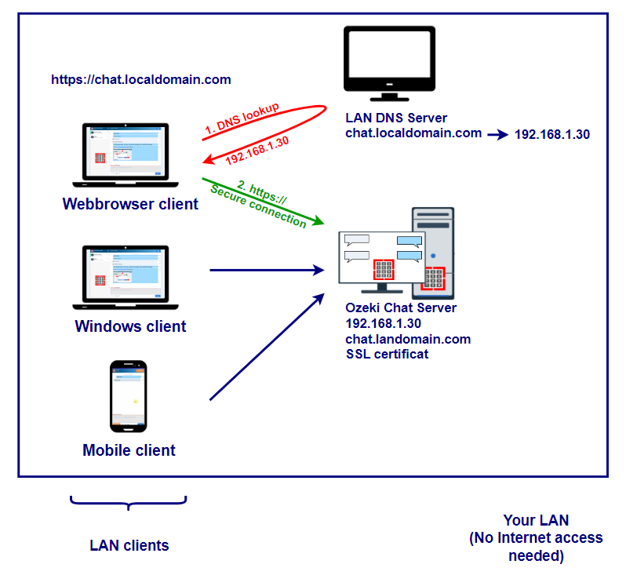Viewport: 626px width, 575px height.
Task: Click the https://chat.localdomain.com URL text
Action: pyautogui.click(x=141, y=79)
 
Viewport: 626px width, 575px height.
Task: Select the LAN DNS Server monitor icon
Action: pyautogui.click(x=388, y=62)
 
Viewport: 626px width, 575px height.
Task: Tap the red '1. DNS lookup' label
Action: pyautogui.click(x=242, y=117)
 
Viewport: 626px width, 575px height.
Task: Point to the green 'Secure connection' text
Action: pyautogui.click(x=258, y=206)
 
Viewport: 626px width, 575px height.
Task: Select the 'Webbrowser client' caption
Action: pyautogui.click(x=130, y=205)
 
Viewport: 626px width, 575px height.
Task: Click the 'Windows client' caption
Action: pyautogui.click(x=130, y=326)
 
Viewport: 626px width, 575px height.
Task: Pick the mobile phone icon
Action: pyautogui.click(x=129, y=395)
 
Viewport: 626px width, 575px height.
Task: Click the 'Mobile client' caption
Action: pyautogui.click(x=129, y=450)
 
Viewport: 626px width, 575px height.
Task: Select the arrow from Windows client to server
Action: pyautogui.click(x=267, y=270)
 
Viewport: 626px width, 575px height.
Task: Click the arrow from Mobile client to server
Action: pyautogui.click(x=267, y=348)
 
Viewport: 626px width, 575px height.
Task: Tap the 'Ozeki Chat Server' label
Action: pyautogui.click(x=401, y=308)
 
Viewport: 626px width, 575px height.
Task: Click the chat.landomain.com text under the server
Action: pyautogui.click(x=408, y=339)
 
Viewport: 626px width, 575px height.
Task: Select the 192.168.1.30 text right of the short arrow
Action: pyautogui.click(x=551, y=134)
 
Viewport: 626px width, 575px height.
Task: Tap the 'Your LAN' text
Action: pyautogui.click(x=536, y=520)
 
